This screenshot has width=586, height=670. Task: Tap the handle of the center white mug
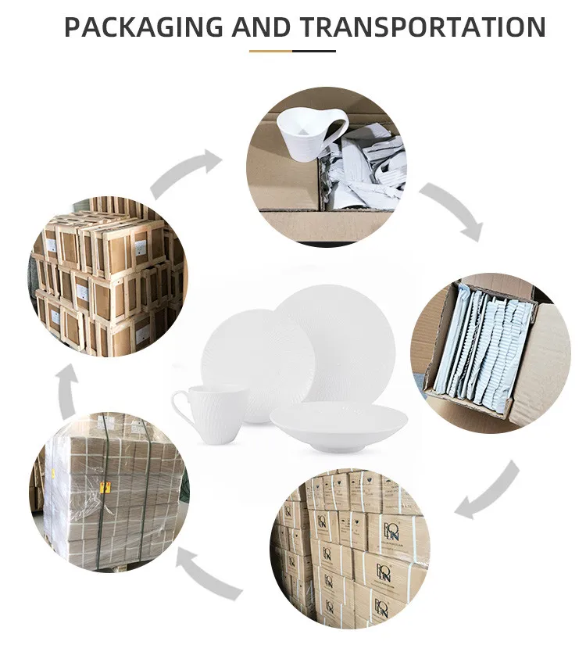click(x=182, y=407)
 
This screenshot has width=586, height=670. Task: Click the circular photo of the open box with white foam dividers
click(x=490, y=353)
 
